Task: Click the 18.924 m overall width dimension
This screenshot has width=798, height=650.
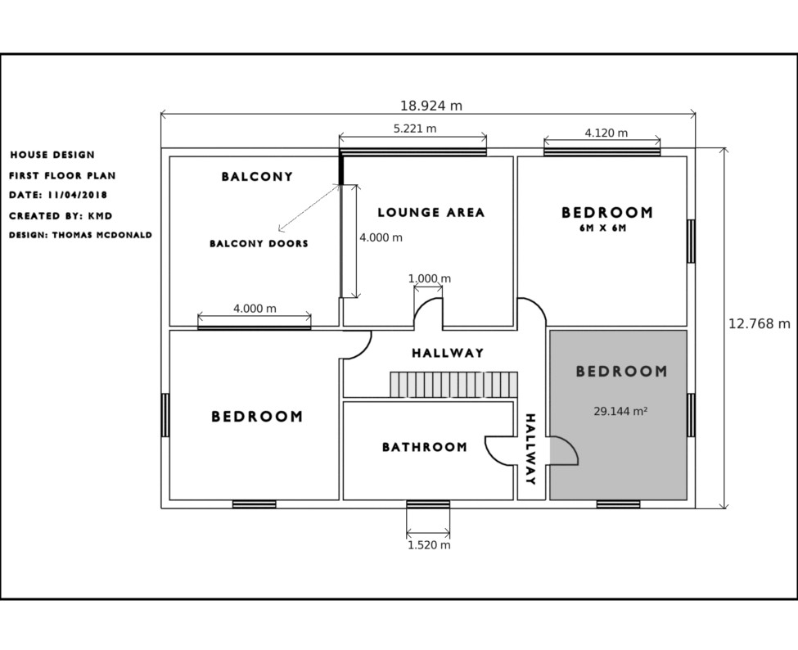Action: [x=431, y=106]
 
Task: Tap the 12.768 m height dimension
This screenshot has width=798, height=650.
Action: [x=760, y=323]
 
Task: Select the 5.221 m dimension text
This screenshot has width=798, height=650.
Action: [x=415, y=129]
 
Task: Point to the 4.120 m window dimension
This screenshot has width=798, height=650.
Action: [x=606, y=133]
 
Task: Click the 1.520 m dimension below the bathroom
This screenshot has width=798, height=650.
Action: [x=429, y=545]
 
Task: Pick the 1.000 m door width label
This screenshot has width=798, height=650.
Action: [x=430, y=278]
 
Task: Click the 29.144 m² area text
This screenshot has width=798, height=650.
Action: [x=620, y=411]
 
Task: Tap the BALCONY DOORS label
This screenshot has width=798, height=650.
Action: [x=259, y=244]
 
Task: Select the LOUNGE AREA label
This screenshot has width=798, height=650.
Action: [x=431, y=212]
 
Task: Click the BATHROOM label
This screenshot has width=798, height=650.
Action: [x=425, y=447]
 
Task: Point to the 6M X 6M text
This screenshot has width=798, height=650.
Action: [x=602, y=228]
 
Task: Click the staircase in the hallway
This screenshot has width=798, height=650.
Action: [x=454, y=384]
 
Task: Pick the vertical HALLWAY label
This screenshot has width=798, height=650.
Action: [x=530, y=449]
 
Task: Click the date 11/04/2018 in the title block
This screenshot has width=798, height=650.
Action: [x=78, y=195]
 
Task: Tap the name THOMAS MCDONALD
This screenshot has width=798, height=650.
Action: [x=101, y=235]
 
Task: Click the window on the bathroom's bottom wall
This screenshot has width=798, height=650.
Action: [x=428, y=504]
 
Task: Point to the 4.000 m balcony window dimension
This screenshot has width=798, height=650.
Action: [x=255, y=309]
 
